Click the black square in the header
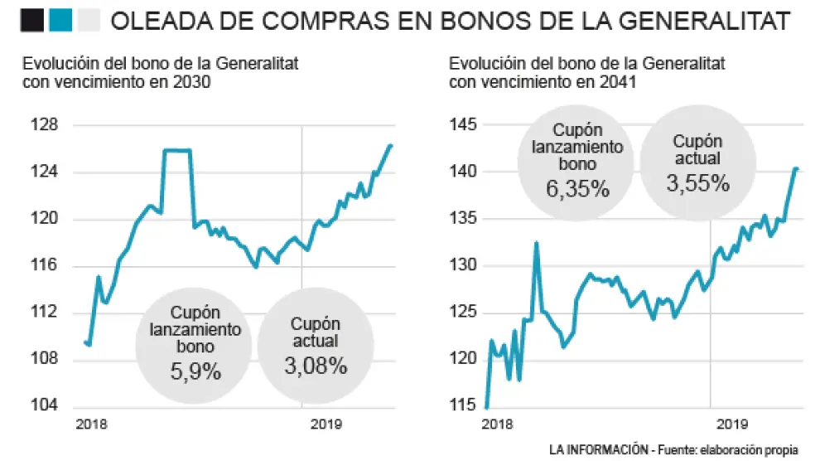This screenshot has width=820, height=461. (32, 20)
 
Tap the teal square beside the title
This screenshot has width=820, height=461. (60, 20)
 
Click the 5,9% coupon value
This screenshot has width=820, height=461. (195, 371)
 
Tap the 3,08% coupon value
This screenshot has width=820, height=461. (315, 366)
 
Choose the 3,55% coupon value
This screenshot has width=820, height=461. (697, 182)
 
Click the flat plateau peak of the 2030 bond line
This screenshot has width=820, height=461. (177, 150)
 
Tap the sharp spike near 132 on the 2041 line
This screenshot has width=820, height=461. (537, 243)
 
